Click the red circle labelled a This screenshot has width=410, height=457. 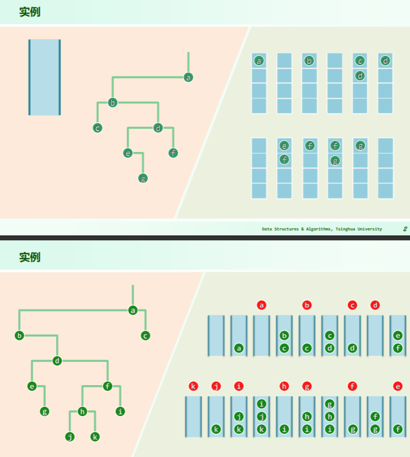point(262,305)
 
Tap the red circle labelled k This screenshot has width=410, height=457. point(193,386)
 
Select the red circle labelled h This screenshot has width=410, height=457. point(284,386)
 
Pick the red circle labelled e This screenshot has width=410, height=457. point(398,386)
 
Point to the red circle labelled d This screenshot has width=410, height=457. point(375,305)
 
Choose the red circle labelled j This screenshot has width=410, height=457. point(216,386)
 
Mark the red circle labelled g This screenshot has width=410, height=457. point(307,386)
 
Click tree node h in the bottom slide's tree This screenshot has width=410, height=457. point(82,411)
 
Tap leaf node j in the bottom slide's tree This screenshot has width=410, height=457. point(70,437)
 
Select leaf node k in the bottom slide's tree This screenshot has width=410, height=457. point(95,437)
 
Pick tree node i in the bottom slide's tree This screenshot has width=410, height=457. point(120,411)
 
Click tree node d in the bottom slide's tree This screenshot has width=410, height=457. point(57,361)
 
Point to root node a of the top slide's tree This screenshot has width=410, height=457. point(188,77)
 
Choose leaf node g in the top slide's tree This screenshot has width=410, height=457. point(143,178)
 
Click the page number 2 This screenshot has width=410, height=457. point(405,229)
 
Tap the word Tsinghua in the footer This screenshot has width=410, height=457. point(344,229)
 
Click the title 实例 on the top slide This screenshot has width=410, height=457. point(30,12)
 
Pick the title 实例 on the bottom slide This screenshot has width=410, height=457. point(30,257)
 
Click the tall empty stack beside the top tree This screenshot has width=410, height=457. point(45,77)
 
